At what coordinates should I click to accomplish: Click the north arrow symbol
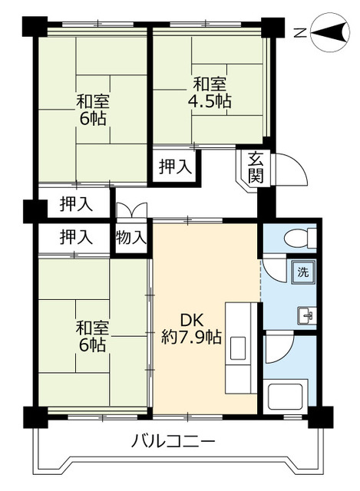click(328, 32)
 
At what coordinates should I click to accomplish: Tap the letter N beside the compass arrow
click(300, 32)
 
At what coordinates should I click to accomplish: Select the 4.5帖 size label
click(210, 101)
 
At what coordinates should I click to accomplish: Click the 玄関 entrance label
click(256, 168)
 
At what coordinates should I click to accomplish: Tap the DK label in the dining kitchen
click(191, 319)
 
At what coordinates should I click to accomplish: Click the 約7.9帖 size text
click(191, 337)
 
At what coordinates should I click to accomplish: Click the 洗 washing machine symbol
click(302, 271)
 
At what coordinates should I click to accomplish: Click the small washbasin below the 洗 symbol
click(305, 315)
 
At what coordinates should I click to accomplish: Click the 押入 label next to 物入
click(76, 236)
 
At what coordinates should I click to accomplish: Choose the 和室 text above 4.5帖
click(210, 83)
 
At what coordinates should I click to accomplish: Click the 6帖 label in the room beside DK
click(92, 344)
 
